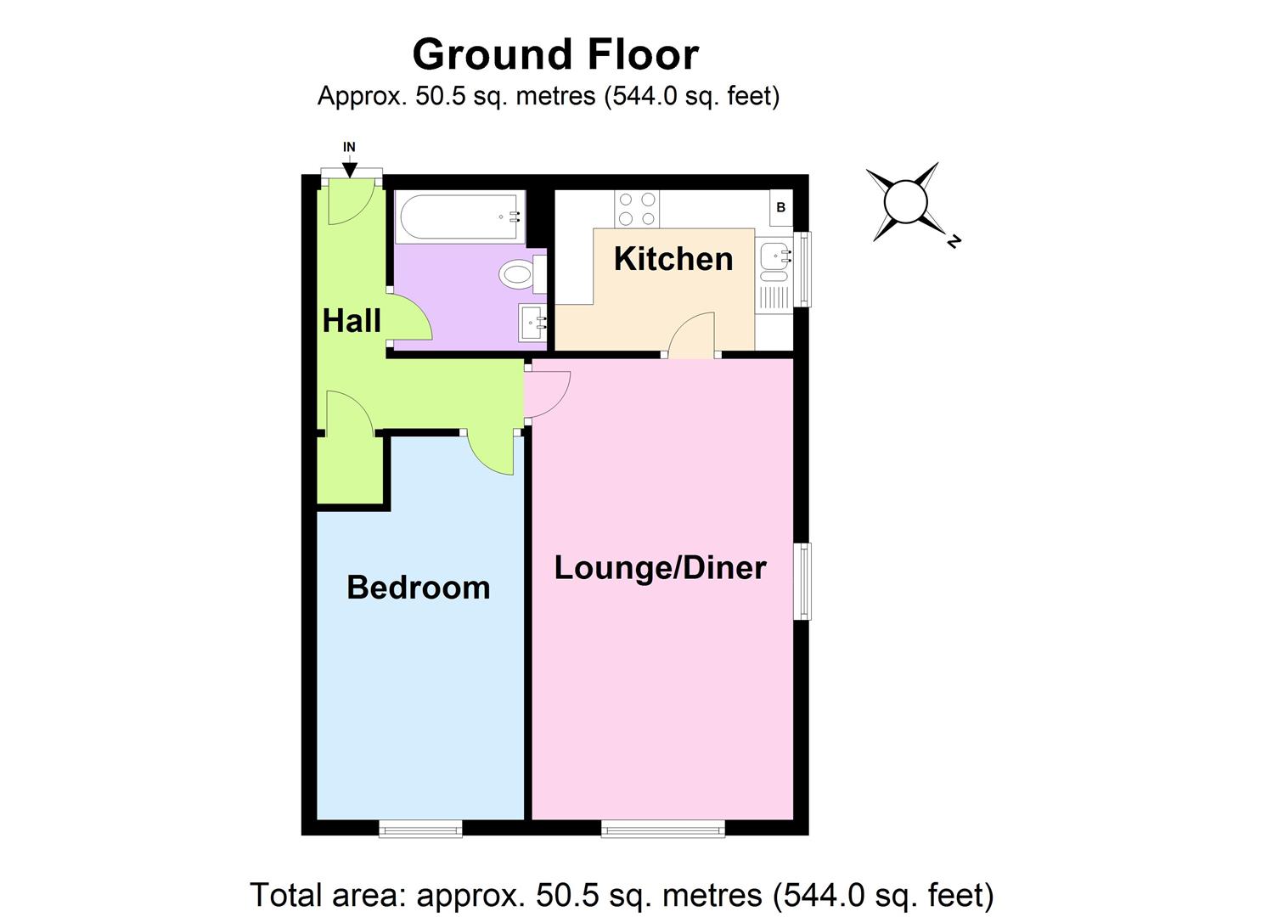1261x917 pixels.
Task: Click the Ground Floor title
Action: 555,54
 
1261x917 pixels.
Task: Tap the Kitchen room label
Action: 673,259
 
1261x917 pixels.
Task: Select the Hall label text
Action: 352,321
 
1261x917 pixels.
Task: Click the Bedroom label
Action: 419,588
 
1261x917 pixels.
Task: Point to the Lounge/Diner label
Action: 660,567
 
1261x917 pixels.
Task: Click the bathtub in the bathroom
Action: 459,217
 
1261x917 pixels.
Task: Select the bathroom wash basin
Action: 533,323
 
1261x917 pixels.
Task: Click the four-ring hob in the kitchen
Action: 637,209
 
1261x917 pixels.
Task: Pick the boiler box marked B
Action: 780,207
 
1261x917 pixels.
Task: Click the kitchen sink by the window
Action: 776,255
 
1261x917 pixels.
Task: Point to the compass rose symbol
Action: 907,203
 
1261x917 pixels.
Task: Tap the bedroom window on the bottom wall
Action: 420,828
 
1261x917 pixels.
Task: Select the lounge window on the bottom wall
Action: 663,828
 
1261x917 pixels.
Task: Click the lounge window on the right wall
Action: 802,582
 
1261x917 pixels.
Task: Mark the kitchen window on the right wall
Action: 802,268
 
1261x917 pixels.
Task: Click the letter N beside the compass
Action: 954,242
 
